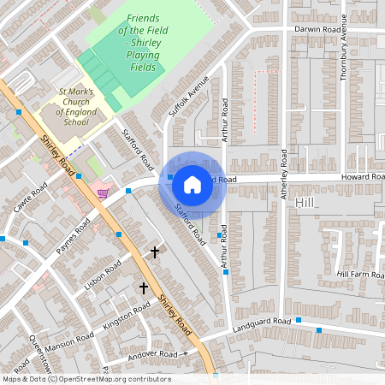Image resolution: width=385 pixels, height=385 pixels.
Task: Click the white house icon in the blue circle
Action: (192, 184)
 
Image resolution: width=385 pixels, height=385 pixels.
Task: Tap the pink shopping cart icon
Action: (104, 193)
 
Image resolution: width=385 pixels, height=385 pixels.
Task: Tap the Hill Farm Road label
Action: (359, 274)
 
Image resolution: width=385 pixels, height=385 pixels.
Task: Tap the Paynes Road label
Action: (73, 237)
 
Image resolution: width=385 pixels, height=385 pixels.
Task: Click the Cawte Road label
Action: (30, 199)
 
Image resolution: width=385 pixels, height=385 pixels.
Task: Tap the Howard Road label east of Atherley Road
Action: (363, 177)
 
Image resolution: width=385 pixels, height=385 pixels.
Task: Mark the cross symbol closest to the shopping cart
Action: (154, 252)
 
